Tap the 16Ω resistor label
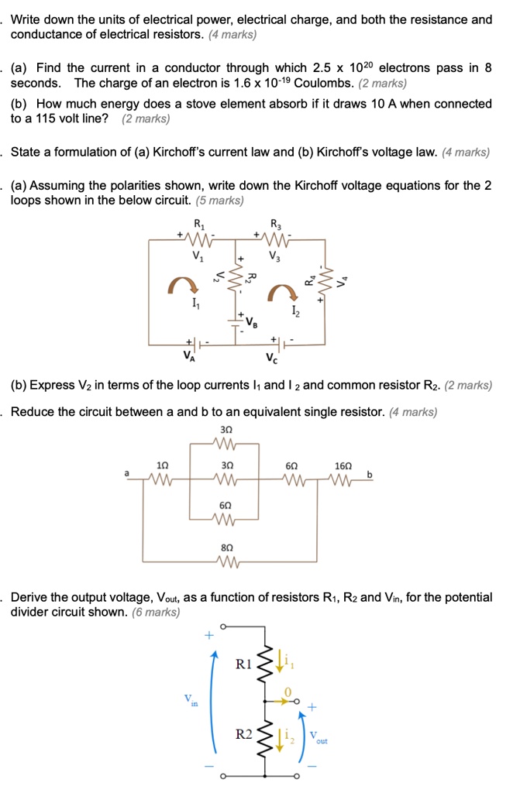pyautogui.click(x=342, y=465)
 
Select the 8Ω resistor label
pyautogui.click(x=228, y=546)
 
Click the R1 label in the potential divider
pyautogui.click(x=243, y=664)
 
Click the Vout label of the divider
pyautogui.click(x=317, y=737)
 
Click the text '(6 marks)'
pyautogui.click(x=156, y=612)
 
